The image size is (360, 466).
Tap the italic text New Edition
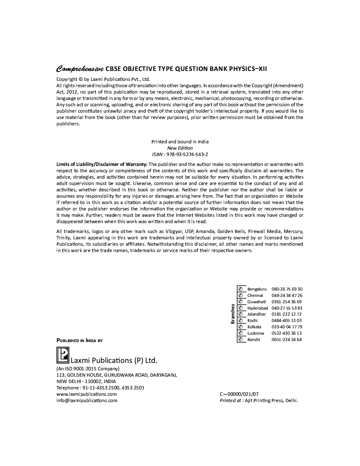[x=180, y=148]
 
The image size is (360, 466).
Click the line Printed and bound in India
[x=180, y=142]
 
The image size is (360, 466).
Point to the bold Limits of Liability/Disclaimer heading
[x=102, y=164]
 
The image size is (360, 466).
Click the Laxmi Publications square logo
[x=63, y=355]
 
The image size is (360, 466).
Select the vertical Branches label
[x=233, y=313]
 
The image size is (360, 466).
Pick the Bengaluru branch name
[x=257, y=289]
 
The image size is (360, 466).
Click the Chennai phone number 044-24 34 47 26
[x=287, y=295]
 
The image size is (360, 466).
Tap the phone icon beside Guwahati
[x=241, y=302]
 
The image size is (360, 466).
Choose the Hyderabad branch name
[x=258, y=308]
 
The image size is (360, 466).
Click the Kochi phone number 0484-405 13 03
[x=286, y=321]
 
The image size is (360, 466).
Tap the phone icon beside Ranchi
[x=241, y=340]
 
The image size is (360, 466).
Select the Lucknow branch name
[x=256, y=333]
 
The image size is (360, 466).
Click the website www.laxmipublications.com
[x=86, y=394]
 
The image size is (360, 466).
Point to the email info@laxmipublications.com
[x=87, y=400]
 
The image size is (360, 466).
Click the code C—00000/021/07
[x=239, y=394]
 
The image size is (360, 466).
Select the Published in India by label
[x=80, y=341]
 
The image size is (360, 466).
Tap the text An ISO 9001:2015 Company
[x=88, y=369]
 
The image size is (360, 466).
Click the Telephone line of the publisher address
[x=100, y=388]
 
